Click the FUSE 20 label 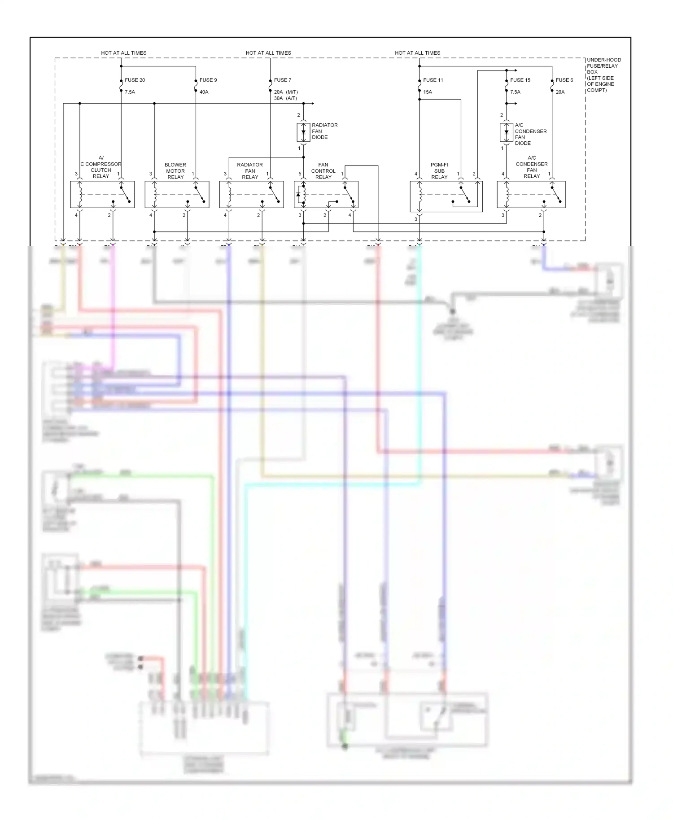point(135,80)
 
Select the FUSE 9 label point(208,80)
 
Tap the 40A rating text point(204,92)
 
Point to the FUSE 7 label point(283,80)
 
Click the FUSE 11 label point(433,80)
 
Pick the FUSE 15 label point(520,80)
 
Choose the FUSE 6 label point(564,80)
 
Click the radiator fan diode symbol point(303,132)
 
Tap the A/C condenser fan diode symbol point(506,132)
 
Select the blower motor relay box point(177,194)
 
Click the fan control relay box point(326,194)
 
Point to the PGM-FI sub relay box point(446,196)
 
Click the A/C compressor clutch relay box point(102,194)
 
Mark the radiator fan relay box point(251,194)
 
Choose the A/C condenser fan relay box point(531,194)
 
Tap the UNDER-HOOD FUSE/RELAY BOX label point(603,74)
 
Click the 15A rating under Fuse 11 point(428,92)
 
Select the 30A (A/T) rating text point(285,98)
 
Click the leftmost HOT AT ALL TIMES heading point(124,53)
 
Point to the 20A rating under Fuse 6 point(560,92)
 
